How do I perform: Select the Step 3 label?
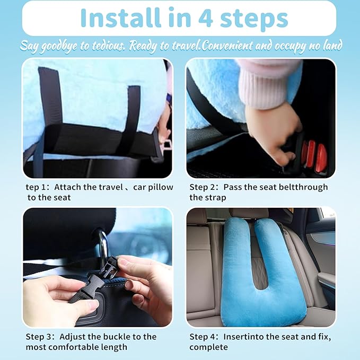coord(41,337)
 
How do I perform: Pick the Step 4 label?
coord(204,337)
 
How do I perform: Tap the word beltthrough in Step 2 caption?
coord(301,187)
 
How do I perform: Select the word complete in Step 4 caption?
coord(208,347)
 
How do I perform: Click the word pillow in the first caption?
coord(151,187)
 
